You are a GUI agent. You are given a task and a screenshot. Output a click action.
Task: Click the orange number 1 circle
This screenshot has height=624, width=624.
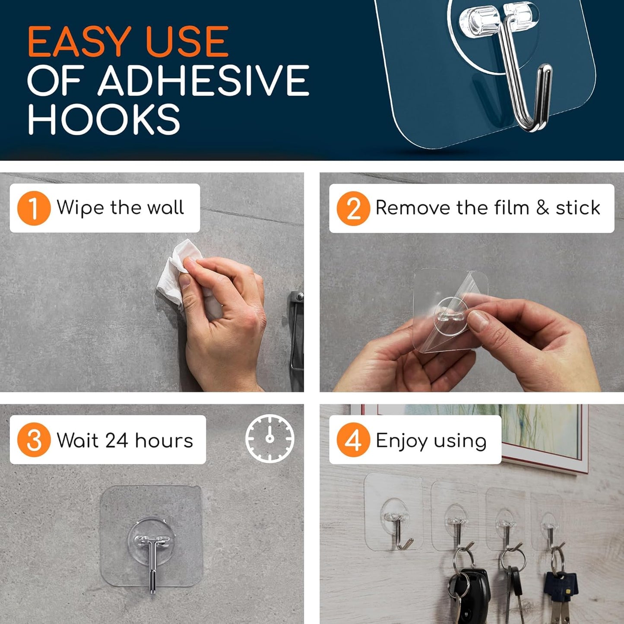coord(34,208)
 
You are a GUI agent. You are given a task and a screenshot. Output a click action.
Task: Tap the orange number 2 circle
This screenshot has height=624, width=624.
coord(353,209)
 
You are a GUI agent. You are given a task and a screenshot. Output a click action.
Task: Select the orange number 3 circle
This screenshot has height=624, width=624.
coord(34,440)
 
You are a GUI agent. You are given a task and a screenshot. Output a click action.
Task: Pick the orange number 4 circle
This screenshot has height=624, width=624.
coord(353,440)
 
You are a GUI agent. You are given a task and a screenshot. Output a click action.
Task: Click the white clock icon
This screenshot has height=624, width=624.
coord(270,438)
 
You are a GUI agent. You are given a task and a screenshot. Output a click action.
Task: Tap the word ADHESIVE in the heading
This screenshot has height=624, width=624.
coord(203,81)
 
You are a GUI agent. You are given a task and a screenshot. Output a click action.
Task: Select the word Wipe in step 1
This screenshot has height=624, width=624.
coord(80,208)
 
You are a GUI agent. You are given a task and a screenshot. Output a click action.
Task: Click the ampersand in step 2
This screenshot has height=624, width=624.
coord(542,208)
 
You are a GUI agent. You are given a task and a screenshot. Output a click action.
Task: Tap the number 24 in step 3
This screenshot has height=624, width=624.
coord(117,440)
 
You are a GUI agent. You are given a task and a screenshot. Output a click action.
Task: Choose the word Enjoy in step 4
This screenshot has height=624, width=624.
coord(402,441)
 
